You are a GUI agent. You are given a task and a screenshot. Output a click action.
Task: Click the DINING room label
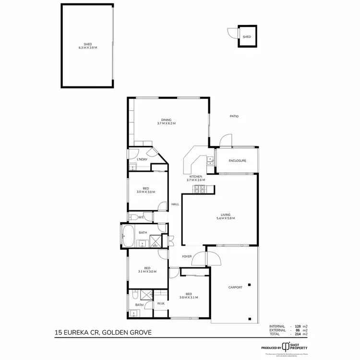pyautogui.click(x=166, y=120)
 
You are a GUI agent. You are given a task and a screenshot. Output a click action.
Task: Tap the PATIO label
pyautogui.click(x=234, y=116)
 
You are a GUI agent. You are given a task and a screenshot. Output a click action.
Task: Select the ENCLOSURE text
pyautogui.click(x=237, y=161)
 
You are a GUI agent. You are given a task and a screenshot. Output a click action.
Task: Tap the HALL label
pyautogui.click(x=175, y=204)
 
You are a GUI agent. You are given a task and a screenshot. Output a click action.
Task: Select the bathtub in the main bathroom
pyautogui.click(x=128, y=235)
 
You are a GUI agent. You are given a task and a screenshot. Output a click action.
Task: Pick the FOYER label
pyautogui.click(x=187, y=256)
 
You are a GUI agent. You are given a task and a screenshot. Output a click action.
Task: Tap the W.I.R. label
pyautogui.click(x=161, y=304)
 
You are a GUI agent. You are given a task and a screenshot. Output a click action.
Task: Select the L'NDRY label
pyautogui.click(x=142, y=159)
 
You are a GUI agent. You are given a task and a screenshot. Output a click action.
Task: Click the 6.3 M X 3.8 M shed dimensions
pyautogui.click(x=87, y=48)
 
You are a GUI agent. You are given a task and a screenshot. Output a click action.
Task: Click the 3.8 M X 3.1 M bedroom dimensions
pyautogui.click(x=189, y=298)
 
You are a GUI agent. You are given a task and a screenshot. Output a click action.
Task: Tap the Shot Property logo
pyautogui.click(x=300, y=347)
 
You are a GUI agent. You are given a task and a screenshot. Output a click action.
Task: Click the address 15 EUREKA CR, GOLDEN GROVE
pyautogui.click(x=106, y=331)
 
